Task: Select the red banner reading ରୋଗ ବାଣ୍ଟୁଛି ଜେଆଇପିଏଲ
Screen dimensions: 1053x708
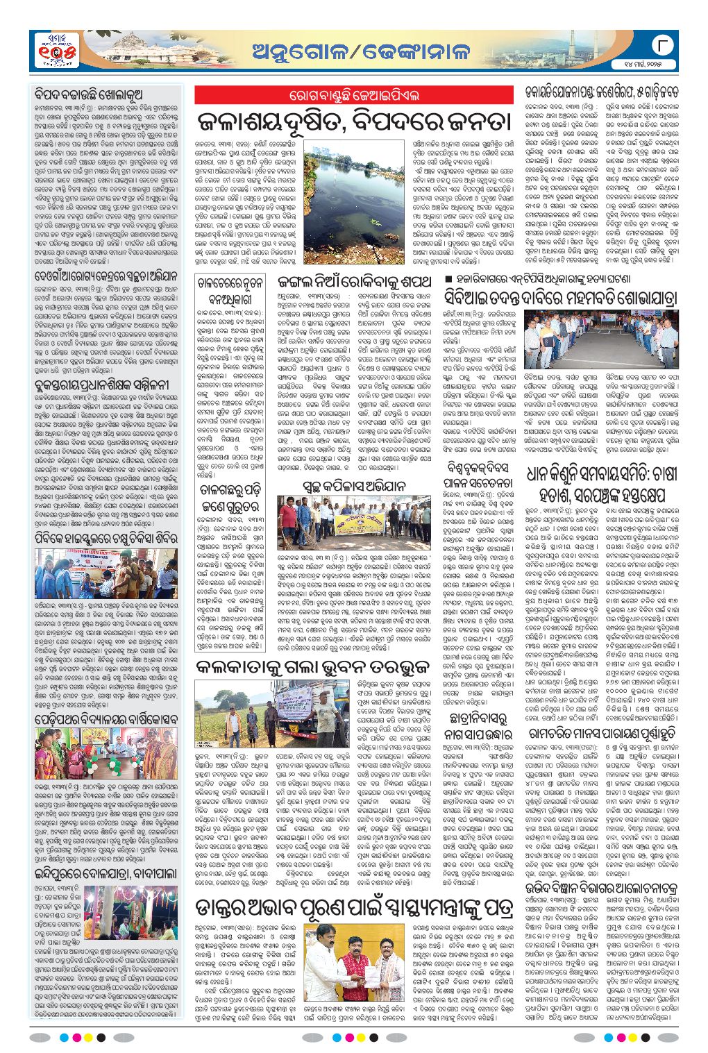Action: pyautogui.click(x=355, y=95)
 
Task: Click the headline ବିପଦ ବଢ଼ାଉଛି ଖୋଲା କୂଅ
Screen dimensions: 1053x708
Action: pyautogui.click(x=90, y=94)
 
